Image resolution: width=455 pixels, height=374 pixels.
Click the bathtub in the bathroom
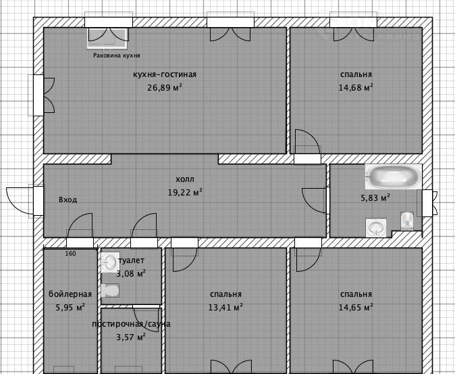coord(393,177)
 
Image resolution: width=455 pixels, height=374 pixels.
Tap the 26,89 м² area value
coord(165,87)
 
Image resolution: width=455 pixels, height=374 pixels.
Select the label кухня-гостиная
coord(165,74)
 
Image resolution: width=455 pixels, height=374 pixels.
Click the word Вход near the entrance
coord(68,200)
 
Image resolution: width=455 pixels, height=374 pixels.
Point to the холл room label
coord(185,179)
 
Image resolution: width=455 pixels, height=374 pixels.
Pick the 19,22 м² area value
coord(185,192)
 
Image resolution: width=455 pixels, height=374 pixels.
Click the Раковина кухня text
coord(116,55)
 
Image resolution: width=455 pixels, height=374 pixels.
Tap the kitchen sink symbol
coord(107,38)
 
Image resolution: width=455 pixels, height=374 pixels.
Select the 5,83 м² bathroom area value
coord(375,198)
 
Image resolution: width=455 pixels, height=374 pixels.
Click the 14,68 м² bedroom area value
coord(356,87)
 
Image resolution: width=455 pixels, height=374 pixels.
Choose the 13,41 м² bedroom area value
coord(225,307)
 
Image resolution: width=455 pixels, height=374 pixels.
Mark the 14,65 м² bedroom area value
coord(356,307)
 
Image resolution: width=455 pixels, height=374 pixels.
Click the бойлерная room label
coord(70,294)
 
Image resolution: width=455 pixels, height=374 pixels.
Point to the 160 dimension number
coord(70,254)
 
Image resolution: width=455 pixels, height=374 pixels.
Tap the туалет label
coord(132,260)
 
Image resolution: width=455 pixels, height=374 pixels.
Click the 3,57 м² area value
coord(131,337)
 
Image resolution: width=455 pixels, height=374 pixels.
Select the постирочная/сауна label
coord(131,324)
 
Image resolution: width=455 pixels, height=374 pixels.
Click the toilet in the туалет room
coord(110,290)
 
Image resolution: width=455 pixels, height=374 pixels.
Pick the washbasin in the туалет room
coord(110,262)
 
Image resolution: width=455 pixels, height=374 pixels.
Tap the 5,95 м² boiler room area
coord(70,307)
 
